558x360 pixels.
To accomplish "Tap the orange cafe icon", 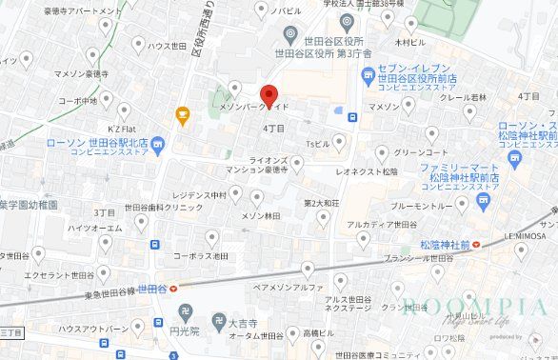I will tap(181, 115).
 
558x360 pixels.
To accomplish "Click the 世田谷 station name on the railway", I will tap(151, 286).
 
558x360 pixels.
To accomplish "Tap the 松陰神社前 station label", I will tap(445, 245).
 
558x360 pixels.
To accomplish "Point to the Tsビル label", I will tap(317, 143).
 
